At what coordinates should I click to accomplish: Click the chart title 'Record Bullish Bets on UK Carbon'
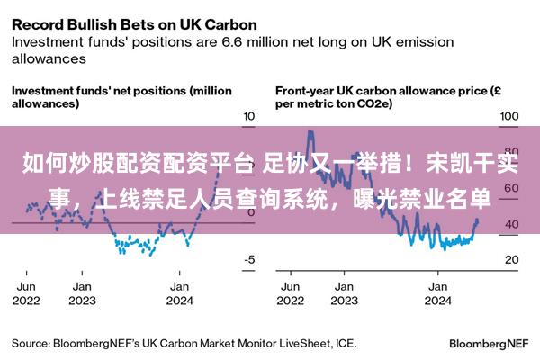point(134,25)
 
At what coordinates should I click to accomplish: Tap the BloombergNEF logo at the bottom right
point(489,344)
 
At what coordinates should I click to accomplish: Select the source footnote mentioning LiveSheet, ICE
point(184,344)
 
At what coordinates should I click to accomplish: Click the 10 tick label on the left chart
point(249,116)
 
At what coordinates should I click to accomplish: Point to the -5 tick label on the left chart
point(249,259)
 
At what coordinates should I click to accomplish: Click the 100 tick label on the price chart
point(509,116)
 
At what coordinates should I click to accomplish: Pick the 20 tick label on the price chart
point(512,259)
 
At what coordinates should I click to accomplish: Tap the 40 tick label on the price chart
point(512,224)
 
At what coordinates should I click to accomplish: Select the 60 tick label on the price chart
point(512,188)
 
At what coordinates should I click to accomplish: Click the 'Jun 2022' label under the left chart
point(26,293)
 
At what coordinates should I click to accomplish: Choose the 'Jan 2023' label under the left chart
point(82,293)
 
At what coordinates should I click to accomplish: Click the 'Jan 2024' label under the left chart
point(179,293)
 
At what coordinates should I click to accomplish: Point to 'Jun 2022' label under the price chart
point(291,293)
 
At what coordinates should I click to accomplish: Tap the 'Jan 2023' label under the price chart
point(345,293)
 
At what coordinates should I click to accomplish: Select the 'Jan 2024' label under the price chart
point(438,293)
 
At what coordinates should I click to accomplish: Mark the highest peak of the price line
point(310,130)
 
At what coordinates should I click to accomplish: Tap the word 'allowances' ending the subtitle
point(49,58)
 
